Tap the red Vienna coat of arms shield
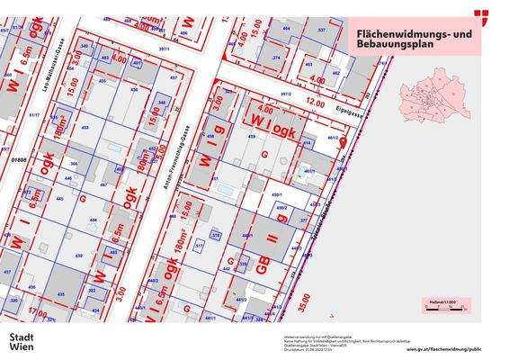point(482,15)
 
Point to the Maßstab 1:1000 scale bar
point(442,305)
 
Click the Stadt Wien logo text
point(22,342)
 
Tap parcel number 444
point(93,219)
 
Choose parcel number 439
point(79,256)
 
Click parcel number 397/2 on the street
point(286,93)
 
